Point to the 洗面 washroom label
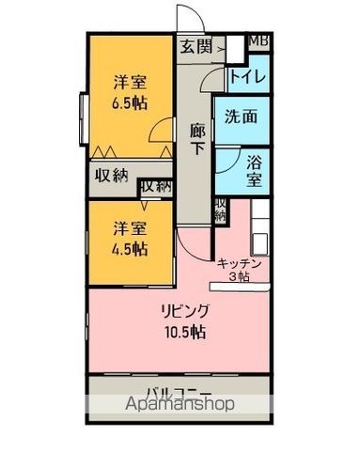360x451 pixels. pos(241,120)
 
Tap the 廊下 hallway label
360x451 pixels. pos(197,139)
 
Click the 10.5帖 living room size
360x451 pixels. pos(183,332)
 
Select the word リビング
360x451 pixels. pos(184,311)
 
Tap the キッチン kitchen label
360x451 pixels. pos(245,263)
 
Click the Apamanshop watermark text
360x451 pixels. pos(179,407)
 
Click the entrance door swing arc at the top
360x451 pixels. pos(189,21)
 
